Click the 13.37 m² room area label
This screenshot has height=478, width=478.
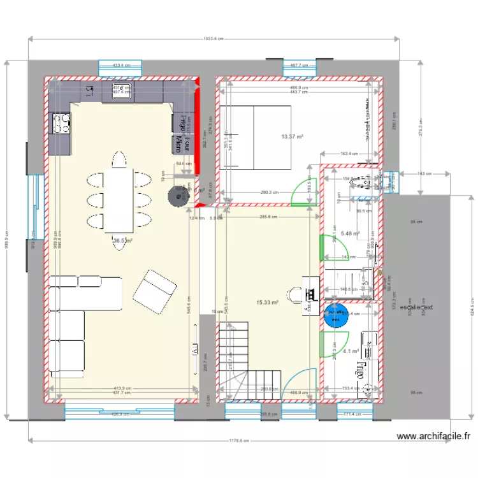292,136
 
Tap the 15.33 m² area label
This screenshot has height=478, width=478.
267,303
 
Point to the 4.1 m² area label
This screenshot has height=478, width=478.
351,351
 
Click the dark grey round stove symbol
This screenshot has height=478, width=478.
175,197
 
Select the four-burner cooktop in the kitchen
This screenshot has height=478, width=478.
62,123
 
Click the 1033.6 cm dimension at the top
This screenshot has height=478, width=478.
213,39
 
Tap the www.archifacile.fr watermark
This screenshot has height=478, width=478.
433,437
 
